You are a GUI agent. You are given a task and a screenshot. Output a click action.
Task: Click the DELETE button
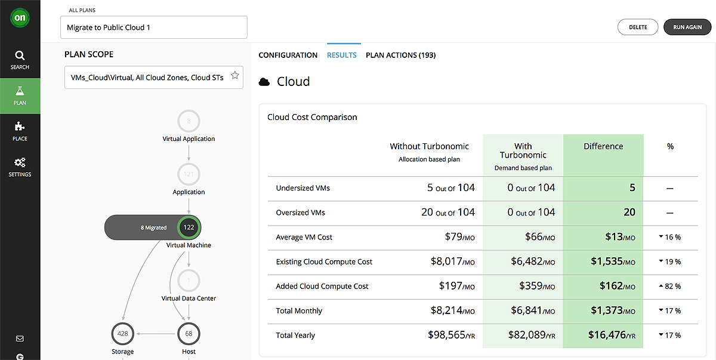pyautogui.click(x=638, y=27)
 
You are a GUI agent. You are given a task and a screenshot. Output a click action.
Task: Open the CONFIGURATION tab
pyautogui.click(x=288, y=55)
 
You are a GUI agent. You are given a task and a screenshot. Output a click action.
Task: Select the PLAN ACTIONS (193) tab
pyautogui.click(x=400, y=55)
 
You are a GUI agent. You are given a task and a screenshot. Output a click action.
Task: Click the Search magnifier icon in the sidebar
pyautogui.click(x=20, y=56)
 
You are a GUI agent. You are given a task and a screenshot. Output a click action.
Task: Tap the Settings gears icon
pyautogui.click(x=20, y=162)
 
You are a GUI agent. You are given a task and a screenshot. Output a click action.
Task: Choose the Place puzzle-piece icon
pyautogui.click(x=20, y=127)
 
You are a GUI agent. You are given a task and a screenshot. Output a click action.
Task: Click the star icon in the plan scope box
pyautogui.click(x=235, y=75)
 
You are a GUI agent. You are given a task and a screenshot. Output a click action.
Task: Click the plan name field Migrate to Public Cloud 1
pyautogui.click(x=153, y=27)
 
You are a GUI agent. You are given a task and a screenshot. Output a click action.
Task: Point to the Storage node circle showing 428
pyautogui.click(x=123, y=334)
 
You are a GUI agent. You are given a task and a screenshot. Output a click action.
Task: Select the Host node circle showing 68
pyautogui.click(x=189, y=334)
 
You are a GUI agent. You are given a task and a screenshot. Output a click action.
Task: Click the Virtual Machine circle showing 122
pyautogui.click(x=189, y=227)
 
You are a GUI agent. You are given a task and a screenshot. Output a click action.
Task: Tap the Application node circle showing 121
pyautogui.click(x=189, y=174)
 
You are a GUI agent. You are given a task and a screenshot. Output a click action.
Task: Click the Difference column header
pyautogui.click(x=603, y=146)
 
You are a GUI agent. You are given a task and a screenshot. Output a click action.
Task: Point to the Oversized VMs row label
pyautogui.click(x=300, y=213)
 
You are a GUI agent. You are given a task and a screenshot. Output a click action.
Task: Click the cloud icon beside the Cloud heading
pyautogui.click(x=264, y=82)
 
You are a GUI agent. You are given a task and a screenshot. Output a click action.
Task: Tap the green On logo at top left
pyautogui.click(x=20, y=18)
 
